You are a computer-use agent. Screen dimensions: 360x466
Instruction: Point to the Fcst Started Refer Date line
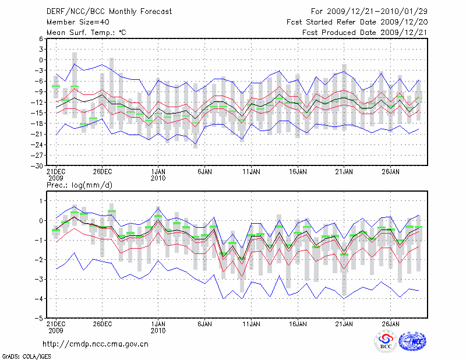[357, 22]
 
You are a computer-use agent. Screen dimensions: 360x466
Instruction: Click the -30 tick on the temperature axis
[36, 165]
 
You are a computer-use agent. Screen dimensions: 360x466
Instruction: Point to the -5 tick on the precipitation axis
[38, 319]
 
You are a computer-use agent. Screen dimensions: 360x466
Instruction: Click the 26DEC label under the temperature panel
[103, 172]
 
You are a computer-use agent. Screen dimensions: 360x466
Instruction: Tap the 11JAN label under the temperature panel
[251, 172]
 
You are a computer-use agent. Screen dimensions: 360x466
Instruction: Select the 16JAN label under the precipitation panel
[298, 324]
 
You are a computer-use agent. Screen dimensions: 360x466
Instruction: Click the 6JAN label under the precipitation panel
[204, 324]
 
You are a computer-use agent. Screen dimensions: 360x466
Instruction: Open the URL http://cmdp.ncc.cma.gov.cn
[96, 344]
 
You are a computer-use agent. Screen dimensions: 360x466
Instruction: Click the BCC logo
[386, 343]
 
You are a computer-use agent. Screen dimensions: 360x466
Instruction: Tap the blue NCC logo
[412, 343]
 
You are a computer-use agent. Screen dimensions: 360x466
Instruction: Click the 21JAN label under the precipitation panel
[344, 324]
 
